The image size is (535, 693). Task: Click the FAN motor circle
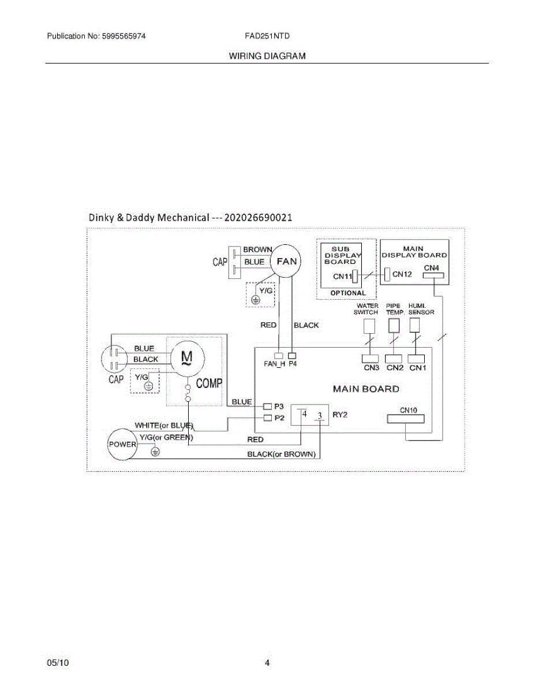click(x=286, y=261)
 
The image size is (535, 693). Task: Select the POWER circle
click(x=122, y=444)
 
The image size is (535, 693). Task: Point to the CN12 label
click(x=402, y=274)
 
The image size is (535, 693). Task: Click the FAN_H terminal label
click(x=274, y=364)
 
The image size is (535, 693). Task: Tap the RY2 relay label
click(x=340, y=415)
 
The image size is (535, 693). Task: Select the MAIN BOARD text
click(x=366, y=389)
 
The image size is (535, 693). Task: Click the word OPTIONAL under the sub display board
click(x=348, y=293)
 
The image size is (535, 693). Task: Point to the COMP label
click(x=209, y=383)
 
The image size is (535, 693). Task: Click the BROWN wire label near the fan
click(x=257, y=249)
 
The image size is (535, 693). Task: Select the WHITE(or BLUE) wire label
click(x=163, y=426)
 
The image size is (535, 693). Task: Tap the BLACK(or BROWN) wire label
click(x=282, y=454)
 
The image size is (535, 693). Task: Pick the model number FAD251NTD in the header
click(x=267, y=36)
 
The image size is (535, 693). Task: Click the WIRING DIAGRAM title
click(x=267, y=56)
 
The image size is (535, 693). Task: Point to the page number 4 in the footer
click(x=267, y=663)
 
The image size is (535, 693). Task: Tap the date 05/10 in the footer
click(x=58, y=663)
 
